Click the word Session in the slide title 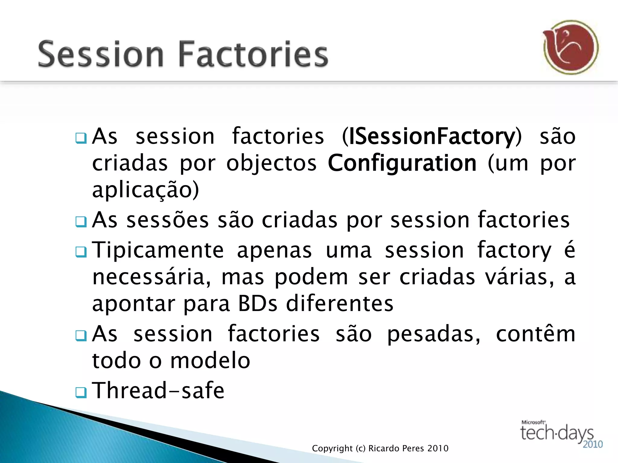[101, 54]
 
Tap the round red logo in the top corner [571, 47]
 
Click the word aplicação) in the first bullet [145, 190]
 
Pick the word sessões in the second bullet [167, 220]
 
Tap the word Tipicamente [158, 250]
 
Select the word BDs [257, 304]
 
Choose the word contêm [536, 334]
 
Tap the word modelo [210, 361]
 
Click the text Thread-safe [158, 390]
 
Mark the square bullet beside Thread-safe [81, 392]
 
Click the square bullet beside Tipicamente [81, 252]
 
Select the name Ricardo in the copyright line [384, 449]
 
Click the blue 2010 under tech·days [592, 444]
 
